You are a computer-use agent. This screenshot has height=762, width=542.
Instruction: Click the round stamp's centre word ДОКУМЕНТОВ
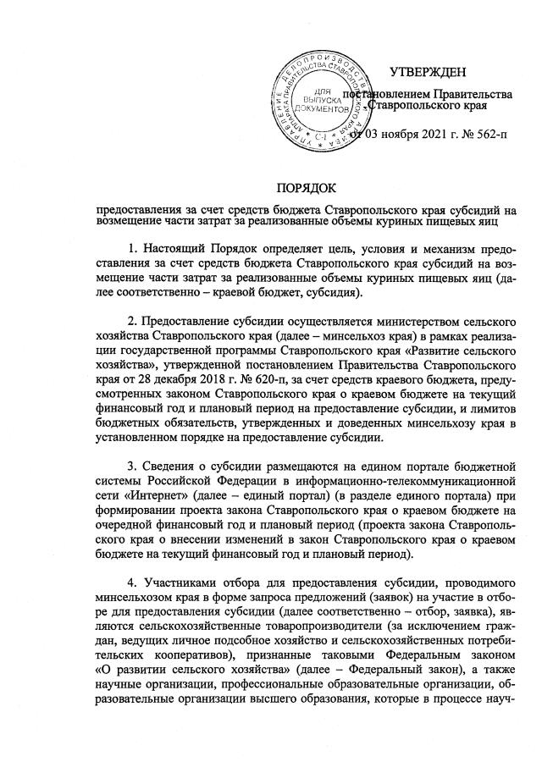pos(321,110)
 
